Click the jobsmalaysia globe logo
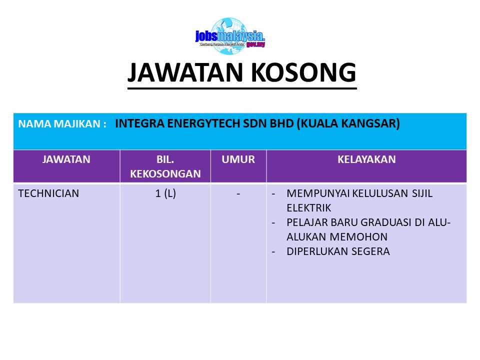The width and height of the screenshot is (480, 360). (x=230, y=36)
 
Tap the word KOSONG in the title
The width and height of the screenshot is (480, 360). (x=303, y=72)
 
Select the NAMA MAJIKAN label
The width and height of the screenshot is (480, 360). (x=62, y=123)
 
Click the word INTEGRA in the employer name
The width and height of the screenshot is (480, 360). (x=139, y=123)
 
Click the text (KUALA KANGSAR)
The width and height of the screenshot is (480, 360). (x=348, y=123)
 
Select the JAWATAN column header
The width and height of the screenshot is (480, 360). (x=66, y=159)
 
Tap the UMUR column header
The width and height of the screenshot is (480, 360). (x=238, y=159)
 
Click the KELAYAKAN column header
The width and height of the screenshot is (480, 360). (x=366, y=159)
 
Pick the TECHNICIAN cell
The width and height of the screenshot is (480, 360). (x=48, y=193)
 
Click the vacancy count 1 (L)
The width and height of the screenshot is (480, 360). (x=165, y=194)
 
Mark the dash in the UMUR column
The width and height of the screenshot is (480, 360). (x=238, y=194)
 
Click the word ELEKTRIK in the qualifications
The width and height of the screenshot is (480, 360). (x=309, y=208)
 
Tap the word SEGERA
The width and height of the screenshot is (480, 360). (x=370, y=251)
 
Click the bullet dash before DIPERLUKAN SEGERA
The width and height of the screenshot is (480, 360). (x=273, y=252)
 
